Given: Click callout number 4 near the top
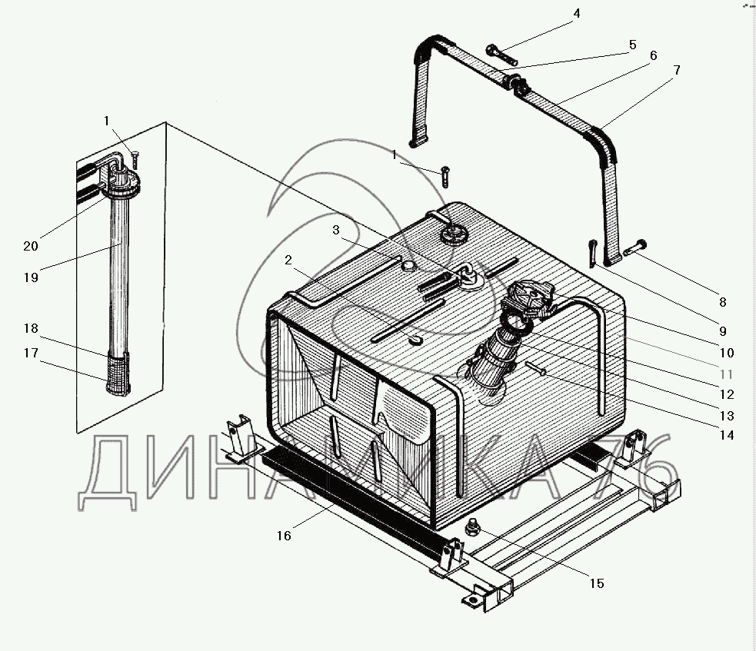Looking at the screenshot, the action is (x=577, y=14).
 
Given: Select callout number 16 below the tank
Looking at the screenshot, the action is (x=284, y=536).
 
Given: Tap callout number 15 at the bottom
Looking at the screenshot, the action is (x=597, y=583).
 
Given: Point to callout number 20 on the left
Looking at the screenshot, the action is (x=31, y=246).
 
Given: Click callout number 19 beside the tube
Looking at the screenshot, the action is (x=31, y=277).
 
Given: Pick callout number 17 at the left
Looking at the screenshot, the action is (x=31, y=354).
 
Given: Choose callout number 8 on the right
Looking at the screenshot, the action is (x=722, y=302).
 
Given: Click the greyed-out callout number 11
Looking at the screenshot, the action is (x=726, y=374).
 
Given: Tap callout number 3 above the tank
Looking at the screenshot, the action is (x=336, y=231).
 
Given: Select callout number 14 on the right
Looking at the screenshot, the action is (x=727, y=435).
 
